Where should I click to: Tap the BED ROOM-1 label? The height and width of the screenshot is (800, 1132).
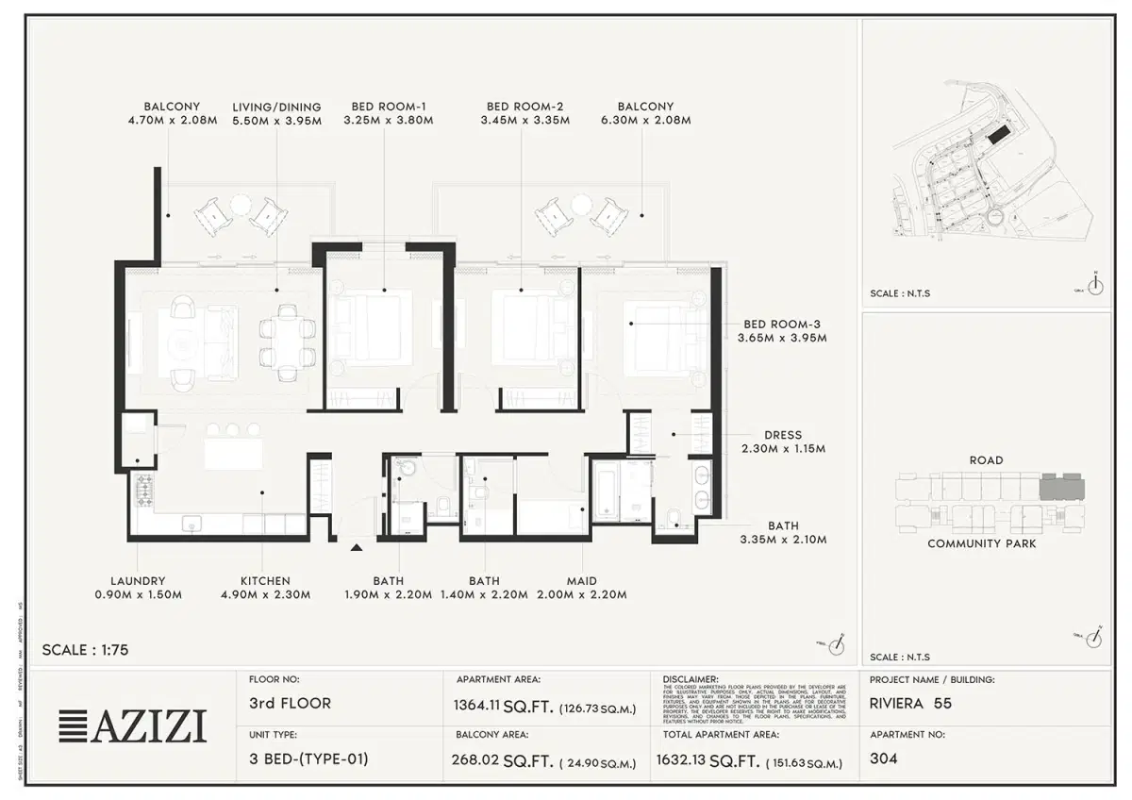[x=389, y=107]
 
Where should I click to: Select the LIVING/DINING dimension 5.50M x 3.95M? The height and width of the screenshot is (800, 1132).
[x=276, y=121]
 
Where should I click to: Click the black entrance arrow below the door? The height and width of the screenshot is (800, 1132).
[x=357, y=547]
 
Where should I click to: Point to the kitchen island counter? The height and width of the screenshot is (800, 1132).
[x=233, y=454]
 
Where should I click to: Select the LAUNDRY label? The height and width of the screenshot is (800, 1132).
[x=138, y=581]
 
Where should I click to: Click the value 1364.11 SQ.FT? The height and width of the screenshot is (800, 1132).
[x=505, y=705]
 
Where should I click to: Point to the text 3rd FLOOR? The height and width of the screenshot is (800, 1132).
[x=289, y=703]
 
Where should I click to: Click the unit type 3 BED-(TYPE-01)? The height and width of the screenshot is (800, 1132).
[x=308, y=758]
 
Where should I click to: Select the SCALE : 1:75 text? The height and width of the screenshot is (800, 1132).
[x=85, y=650]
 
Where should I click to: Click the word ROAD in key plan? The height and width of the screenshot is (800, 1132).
[x=986, y=460]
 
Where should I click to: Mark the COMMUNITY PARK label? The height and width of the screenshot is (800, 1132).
[x=981, y=543]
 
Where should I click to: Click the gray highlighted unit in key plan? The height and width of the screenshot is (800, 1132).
[x=1061, y=488]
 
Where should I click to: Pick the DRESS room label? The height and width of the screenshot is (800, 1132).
[x=783, y=435]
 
